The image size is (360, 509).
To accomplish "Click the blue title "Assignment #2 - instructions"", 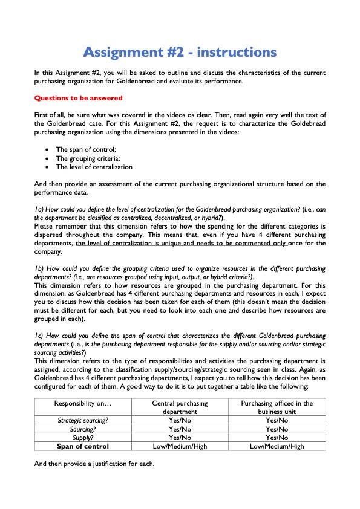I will point(180,51).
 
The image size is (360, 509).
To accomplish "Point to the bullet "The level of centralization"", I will point(94,167).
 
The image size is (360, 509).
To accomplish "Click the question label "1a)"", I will point(39,209).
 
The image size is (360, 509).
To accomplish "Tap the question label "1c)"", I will point(39,335).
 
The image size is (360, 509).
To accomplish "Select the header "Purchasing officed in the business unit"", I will point(277,407).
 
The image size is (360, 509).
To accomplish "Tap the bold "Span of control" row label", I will point(83,446).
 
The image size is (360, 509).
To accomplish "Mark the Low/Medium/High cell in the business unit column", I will point(277,446).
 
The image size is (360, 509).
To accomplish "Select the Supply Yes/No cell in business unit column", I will point(277,437).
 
